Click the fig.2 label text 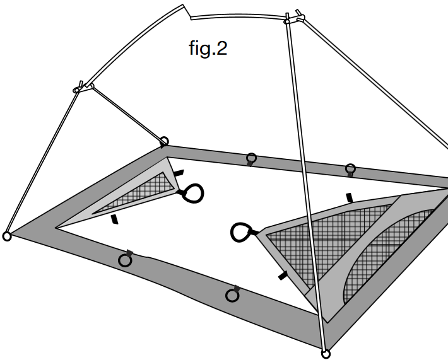208,49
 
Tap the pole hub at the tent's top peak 292,18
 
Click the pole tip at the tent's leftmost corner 7,236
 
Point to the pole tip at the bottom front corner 326,354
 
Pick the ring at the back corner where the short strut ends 164,141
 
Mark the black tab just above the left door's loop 179,172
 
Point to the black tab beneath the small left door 114,219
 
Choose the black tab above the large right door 350,198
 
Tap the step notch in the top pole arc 187,11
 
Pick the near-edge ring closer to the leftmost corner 125,260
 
